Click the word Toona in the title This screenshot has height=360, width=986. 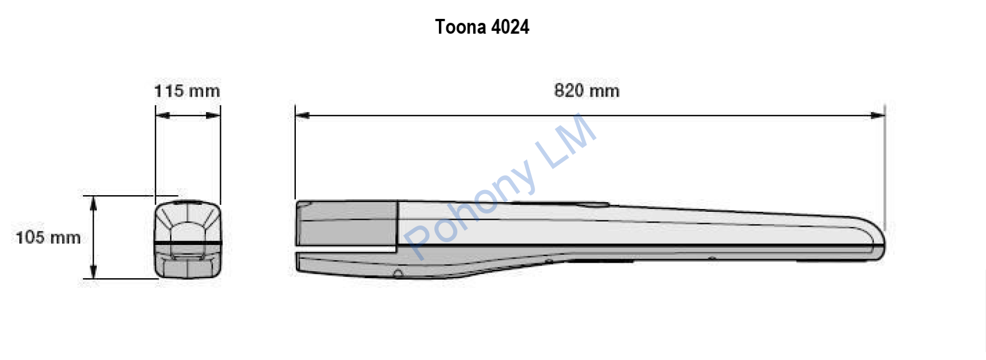pos(460,27)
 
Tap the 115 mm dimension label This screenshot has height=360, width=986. pos(187,91)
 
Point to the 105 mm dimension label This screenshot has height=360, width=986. pos(48,238)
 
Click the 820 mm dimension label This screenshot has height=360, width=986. pos(587,90)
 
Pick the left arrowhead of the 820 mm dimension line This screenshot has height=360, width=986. pos(302,116)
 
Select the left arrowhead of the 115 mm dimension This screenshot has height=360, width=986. pos(162,116)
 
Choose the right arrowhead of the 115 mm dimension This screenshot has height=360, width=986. pos(214,116)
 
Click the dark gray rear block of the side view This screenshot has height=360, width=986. pos(348,224)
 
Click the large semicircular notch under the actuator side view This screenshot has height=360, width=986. pos(398,274)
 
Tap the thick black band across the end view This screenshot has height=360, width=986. pos(187,243)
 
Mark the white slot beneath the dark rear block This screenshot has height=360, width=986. pos(346,250)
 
